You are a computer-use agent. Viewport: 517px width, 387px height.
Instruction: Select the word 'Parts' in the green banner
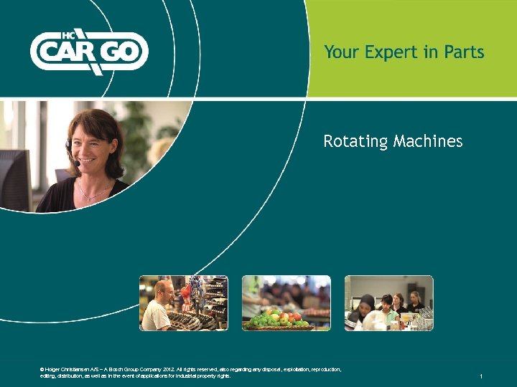coord(464,52)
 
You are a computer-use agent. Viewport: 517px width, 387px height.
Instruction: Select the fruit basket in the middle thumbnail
coord(279,319)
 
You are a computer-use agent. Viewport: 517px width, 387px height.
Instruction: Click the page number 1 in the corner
coord(481,376)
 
